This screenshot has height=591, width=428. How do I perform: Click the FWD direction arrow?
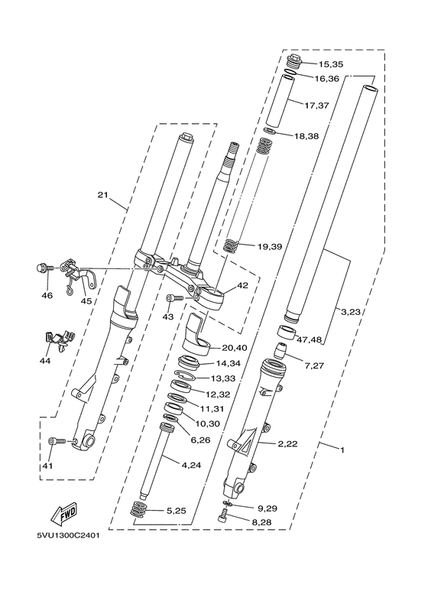tap(65, 514)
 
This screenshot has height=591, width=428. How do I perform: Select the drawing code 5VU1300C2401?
tap(68, 536)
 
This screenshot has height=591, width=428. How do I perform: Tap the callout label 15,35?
tap(330, 64)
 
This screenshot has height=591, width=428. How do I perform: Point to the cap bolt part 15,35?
tap(294, 61)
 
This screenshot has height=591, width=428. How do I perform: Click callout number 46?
tap(47, 295)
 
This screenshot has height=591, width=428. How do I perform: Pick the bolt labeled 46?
tap(45, 268)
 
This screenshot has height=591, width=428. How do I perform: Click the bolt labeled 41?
tap(57, 441)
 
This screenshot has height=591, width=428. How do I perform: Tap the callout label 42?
tap(242, 285)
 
